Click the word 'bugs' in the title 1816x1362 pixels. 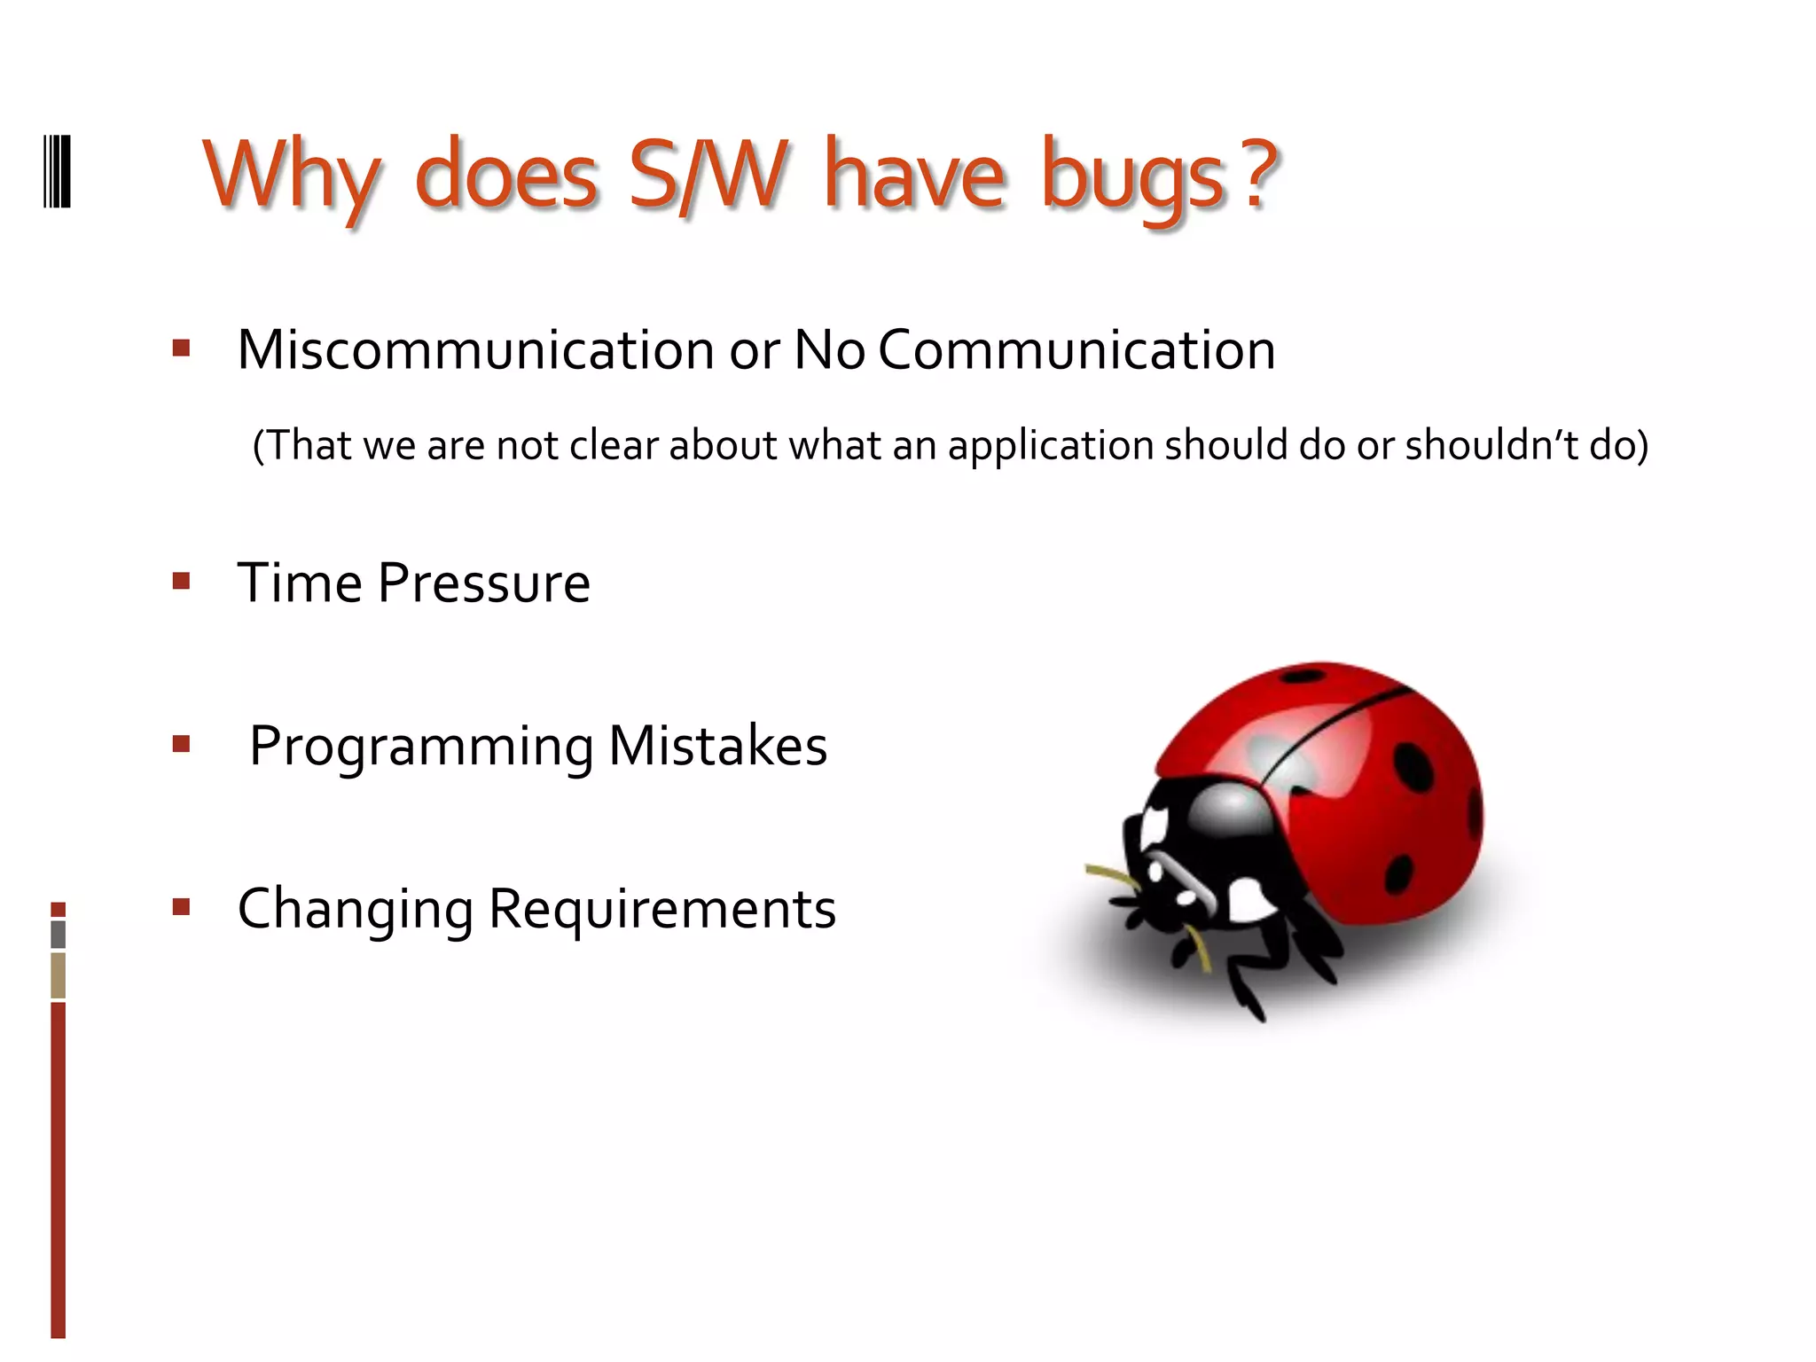point(1132,177)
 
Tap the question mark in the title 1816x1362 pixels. point(1258,173)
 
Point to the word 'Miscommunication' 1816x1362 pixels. point(475,349)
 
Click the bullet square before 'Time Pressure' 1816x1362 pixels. point(182,582)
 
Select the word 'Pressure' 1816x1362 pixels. point(483,583)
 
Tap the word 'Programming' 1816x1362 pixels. point(421,747)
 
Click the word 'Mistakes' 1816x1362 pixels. point(717,746)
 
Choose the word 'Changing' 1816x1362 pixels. point(356,910)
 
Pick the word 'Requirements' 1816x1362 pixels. point(661,910)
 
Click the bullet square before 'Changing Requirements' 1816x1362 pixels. point(182,907)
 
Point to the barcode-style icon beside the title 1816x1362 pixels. point(58,172)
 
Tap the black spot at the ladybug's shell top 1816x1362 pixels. point(1303,677)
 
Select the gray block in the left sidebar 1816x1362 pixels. point(59,935)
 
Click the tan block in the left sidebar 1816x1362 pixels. point(59,975)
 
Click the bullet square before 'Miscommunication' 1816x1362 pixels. point(182,348)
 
